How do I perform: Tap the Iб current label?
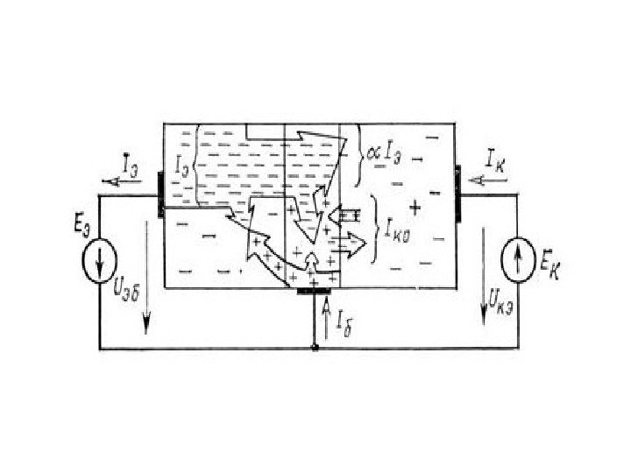(344, 320)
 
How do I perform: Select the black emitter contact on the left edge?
(160, 190)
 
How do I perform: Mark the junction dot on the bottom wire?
(315, 349)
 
